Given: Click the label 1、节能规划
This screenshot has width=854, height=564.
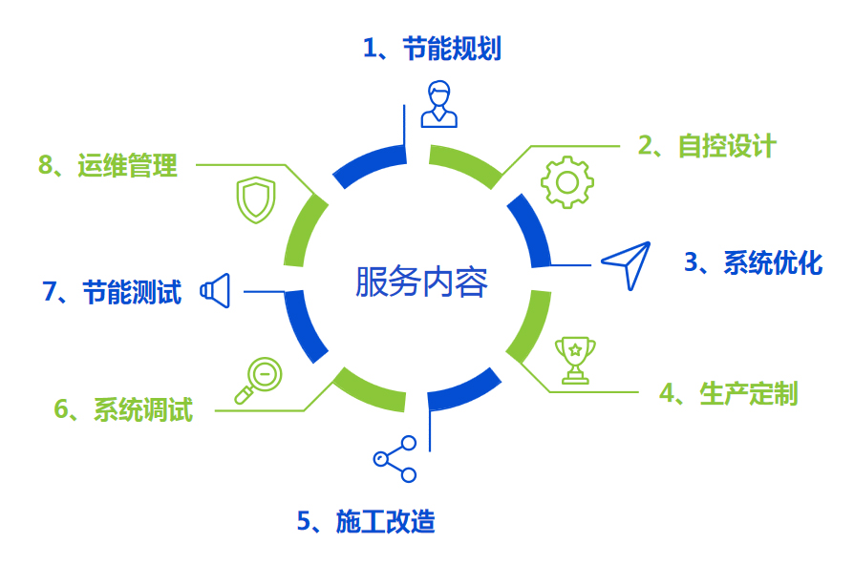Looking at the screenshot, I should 432,49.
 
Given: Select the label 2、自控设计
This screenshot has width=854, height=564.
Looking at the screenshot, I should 707,146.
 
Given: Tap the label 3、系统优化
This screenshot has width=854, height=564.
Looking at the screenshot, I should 753,262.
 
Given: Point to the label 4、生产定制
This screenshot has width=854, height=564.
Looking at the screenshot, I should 728,393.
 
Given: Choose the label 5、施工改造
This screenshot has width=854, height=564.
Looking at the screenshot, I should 366,521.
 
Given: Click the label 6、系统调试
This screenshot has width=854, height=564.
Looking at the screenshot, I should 123,410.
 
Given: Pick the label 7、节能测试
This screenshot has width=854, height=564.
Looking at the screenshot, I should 111,292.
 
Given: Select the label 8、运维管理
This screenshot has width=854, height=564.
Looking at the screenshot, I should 108,165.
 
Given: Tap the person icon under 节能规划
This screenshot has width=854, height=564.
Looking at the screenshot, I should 438,104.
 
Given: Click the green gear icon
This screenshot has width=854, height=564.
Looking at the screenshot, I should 567,181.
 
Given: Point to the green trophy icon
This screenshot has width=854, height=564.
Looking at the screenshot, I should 575,360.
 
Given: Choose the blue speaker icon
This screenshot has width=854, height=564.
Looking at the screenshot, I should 216,291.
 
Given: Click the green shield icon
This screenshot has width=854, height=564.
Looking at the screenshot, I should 256,199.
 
